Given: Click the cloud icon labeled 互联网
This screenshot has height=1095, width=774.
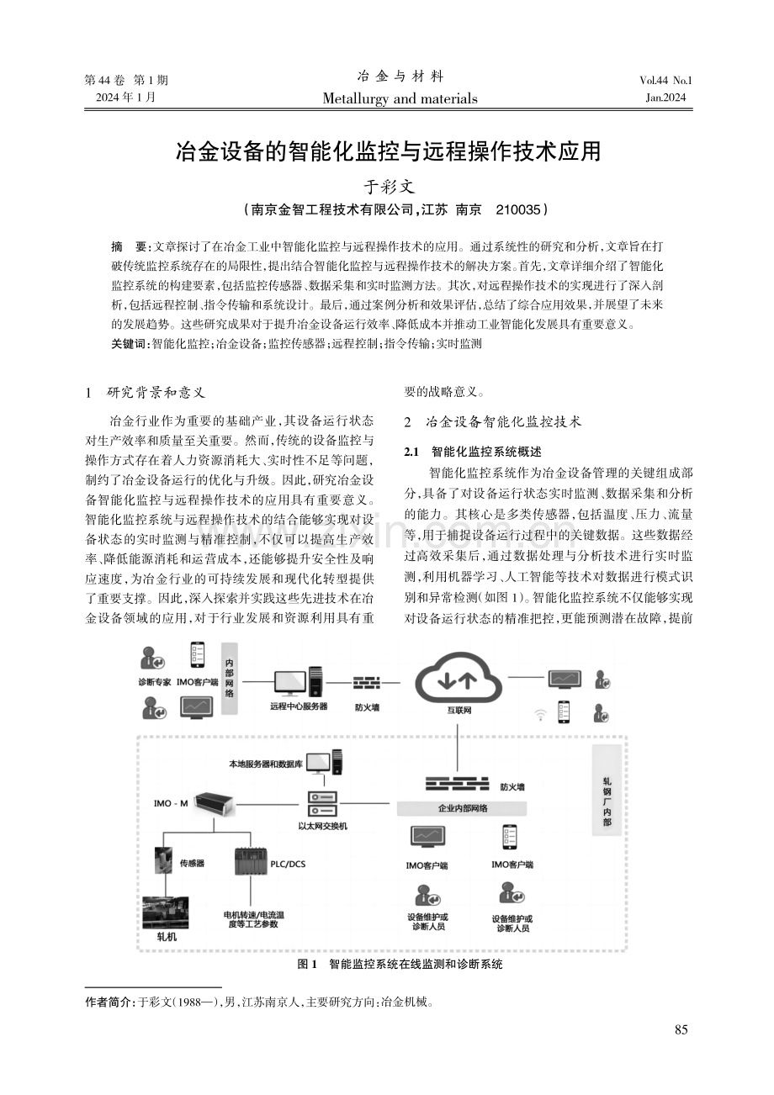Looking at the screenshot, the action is pyautogui.click(x=459, y=677).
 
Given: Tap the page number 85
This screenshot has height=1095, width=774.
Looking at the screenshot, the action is pyautogui.click(x=681, y=1029).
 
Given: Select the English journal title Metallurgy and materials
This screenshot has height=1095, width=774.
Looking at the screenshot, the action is pyautogui.click(x=400, y=98).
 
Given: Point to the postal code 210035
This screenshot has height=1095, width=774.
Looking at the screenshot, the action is pyautogui.click(x=517, y=210).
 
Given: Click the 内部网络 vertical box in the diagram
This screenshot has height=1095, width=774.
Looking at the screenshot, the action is pyautogui.click(x=230, y=679).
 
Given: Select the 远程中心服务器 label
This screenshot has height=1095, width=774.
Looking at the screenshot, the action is pyautogui.click(x=299, y=706).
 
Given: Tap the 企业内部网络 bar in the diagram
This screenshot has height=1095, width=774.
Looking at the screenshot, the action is pyautogui.click(x=462, y=808).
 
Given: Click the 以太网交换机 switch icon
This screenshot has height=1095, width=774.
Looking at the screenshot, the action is pyautogui.click(x=321, y=803).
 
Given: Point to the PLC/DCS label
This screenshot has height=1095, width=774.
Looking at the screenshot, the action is pyautogui.click(x=288, y=864).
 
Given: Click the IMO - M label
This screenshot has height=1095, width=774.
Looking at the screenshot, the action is pyautogui.click(x=171, y=803).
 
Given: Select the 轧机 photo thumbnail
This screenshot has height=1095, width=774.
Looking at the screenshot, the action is pyautogui.click(x=165, y=912).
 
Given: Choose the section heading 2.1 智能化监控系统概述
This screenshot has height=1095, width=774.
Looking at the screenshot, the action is pyautogui.click(x=473, y=451).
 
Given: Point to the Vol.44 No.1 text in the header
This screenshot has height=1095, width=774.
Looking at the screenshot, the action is pyautogui.click(x=665, y=81).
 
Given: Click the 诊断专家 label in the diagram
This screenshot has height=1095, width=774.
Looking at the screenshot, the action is pyautogui.click(x=155, y=682).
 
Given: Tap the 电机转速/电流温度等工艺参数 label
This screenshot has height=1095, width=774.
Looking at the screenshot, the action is pyautogui.click(x=253, y=919).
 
